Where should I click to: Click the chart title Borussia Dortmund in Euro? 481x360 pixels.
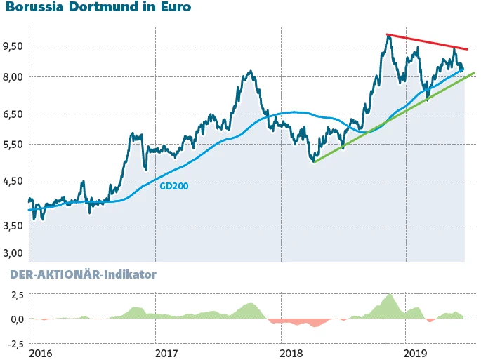point(98,9)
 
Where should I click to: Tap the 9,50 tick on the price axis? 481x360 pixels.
point(13,46)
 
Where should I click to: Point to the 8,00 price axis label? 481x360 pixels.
point(13,77)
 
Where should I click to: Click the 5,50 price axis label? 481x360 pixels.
point(13,145)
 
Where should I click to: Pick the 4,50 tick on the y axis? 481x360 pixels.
point(13,180)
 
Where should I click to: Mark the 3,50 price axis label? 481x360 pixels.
point(13,225)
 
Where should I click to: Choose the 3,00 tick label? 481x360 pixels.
point(13,253)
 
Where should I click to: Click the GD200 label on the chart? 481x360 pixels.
point(173,187)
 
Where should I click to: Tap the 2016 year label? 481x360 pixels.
point(41,352)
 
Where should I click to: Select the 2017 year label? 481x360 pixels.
point(166,352)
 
